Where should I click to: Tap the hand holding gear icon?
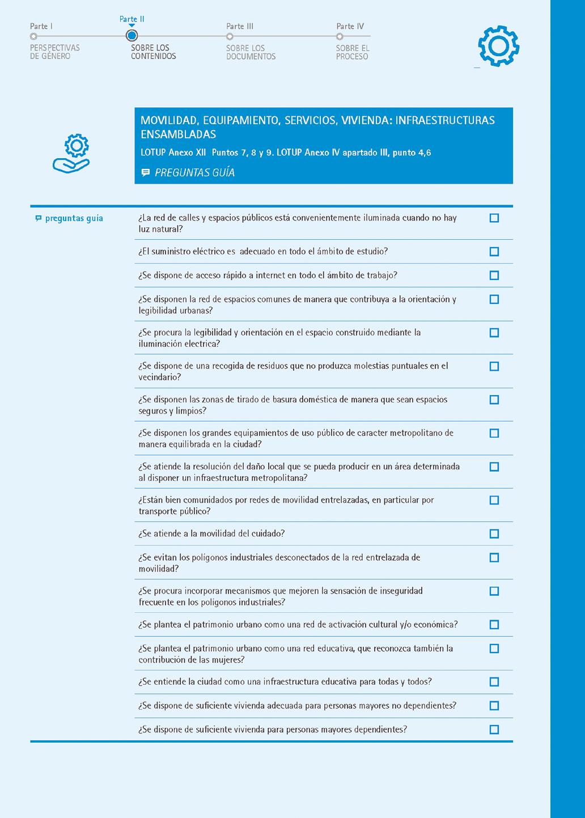click(x=71, y=153)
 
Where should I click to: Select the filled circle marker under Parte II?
click(x=132, y=36)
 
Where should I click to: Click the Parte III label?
click(x=240, y=26)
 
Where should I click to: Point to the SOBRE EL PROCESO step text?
click(x=352, y=52)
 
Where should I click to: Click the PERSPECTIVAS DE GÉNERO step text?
click(x=55, y=52)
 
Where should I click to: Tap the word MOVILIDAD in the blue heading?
click(x=168, y=120)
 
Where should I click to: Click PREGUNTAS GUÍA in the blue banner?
click(x=194, y=172)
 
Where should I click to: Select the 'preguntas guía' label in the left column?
click(x=74, y=218)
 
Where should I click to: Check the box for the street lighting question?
click(x=494, y=218)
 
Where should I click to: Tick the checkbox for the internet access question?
click(x=494, y=276)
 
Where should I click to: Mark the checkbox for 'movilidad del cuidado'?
click(x=494, y=534)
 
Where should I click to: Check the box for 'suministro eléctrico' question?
click(x=494, y=252)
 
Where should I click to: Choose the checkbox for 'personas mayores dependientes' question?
click(x=494, y=730)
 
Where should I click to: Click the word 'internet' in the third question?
click(x=271, y=276)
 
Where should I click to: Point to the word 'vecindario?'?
click(x=160, y=378)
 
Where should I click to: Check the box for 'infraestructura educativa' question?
click(x=494, y=682)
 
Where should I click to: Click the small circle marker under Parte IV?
click(x=340, y=36)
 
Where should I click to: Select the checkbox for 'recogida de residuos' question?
click(x=494, y=367)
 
